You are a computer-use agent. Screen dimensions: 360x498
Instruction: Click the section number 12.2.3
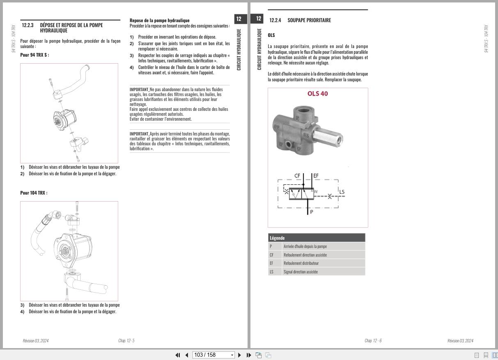click(x=28, y=25)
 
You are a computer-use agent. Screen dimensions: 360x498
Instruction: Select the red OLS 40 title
click(x=317, y=94)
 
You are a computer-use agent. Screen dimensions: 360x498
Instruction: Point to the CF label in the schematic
click(x=297, y=176)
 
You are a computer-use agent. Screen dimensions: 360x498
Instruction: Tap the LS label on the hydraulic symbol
click(x=342, y=192)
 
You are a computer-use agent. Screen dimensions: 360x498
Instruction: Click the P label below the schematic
click(x=311, y=212)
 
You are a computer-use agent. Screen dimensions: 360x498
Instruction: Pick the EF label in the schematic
click(x=315, y=176)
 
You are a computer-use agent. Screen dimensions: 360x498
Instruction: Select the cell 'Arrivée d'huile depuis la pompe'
click(x=305, y=246)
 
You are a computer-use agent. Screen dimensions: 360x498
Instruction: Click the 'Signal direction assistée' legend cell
click(x=301, y=272)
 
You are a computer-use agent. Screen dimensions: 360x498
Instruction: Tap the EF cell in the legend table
click(x=271, y=263)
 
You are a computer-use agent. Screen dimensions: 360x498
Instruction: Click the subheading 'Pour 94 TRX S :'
click(x=34, y=55)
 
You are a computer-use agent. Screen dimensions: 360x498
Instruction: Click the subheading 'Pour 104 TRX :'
click(x=34, y=193)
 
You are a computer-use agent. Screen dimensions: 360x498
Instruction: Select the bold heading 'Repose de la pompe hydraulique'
click(x=159, y=20)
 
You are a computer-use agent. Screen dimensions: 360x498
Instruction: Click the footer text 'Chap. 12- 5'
click(x=126, y=341)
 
